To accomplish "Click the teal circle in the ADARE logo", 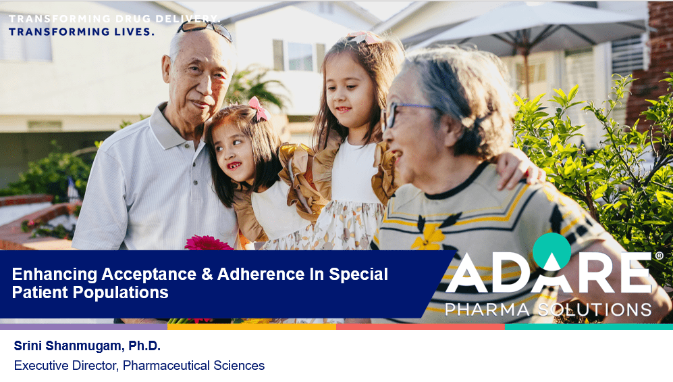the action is pos(551,252).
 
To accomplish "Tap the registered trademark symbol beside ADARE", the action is pos(659,256).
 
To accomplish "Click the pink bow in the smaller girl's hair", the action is pos(259,109).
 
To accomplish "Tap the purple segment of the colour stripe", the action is pos(84,327).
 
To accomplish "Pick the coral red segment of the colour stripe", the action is pos(420,327).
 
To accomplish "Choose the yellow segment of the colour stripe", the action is pos(252,327).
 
